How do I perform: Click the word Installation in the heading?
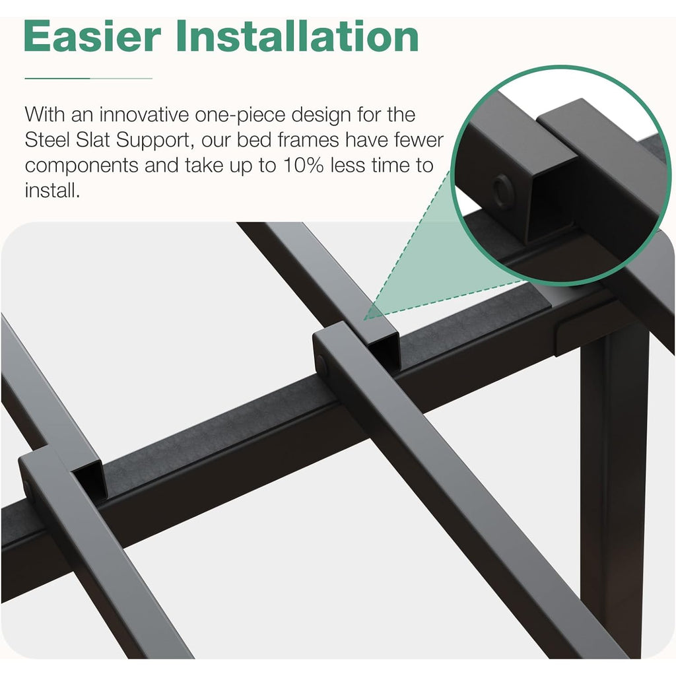[x=298, y=36]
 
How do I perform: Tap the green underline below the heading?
[x=88, y=79]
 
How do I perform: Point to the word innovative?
[x=144, y=115]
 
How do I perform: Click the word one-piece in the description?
[x=240, y=116]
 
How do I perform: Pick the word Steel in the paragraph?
[x=47, y=140]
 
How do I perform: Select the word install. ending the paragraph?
[x=52, y=190]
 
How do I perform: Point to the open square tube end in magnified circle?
[x=552, y=203]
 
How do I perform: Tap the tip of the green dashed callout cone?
[x=364, y=320]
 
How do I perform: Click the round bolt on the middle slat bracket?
[x=321, y=364]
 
